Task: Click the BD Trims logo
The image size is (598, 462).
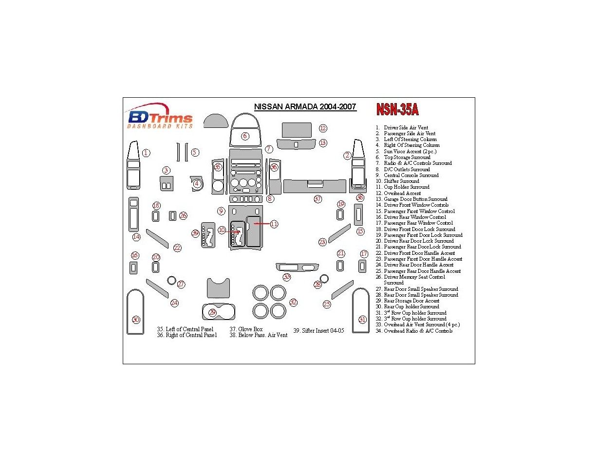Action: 160,117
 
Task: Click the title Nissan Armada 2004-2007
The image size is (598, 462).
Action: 305,107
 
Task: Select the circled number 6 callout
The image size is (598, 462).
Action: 245,136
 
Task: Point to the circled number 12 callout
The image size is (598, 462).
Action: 323,128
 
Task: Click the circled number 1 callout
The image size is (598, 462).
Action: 146,153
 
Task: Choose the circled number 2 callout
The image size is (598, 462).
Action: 347,156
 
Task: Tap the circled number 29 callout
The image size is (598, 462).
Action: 212,313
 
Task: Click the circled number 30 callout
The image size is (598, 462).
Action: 136,320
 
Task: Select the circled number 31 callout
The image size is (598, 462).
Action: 362,320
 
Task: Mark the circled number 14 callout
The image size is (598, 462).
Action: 136,237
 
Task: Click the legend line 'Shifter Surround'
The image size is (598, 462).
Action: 401,181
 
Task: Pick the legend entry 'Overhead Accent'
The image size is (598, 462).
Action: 401,193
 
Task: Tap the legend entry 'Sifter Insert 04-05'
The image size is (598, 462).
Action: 318,331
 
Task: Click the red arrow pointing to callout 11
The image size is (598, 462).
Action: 259,224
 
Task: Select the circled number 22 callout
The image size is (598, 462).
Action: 177,248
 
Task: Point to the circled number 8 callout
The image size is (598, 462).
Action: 270,198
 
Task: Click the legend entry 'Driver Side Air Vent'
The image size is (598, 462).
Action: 406,127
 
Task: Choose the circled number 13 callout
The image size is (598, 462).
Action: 323,143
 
